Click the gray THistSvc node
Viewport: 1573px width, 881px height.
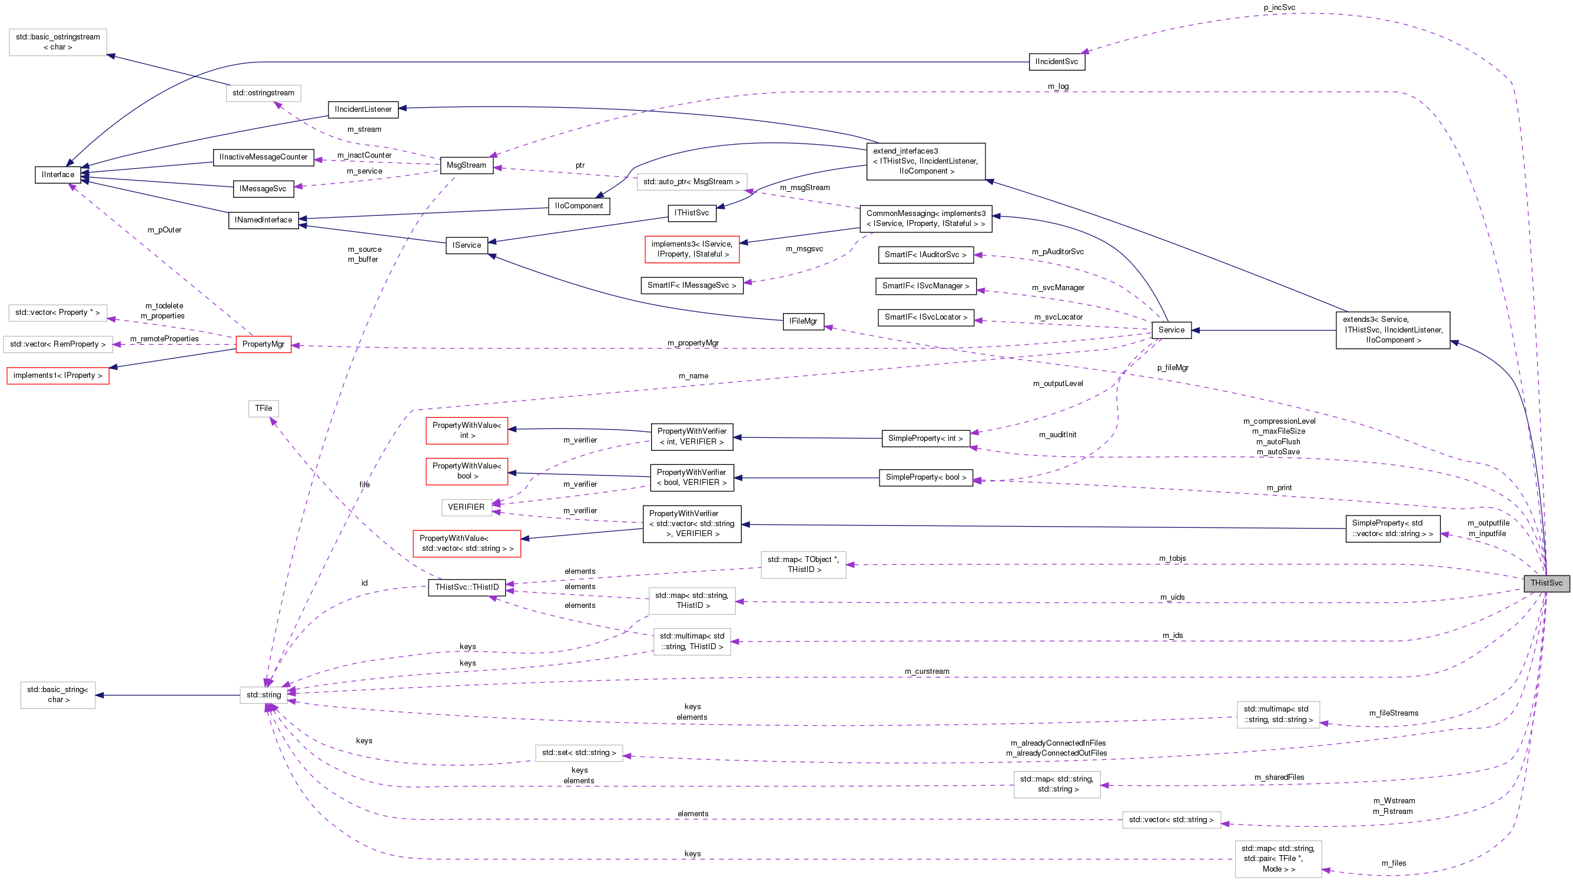tap(1545, 583)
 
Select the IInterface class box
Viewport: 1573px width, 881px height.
tap(58, 175)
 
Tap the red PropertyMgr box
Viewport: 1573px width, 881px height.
tap(263, 344)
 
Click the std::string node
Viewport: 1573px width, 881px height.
tap(264, 695)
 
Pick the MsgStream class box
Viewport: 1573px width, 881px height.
tap(466, 165)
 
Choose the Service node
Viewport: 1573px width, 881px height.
tap(1170, 330)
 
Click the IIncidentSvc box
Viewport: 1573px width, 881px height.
tap(1056, 62)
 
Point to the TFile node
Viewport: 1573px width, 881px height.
tap(263, 408)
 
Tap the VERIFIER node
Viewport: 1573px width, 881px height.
tap(466, 507)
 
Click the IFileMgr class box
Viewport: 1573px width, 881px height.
tap(803, 321)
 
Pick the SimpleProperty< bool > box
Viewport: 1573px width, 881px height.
tap(925, 477)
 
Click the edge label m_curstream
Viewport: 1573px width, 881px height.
tap(927, 671)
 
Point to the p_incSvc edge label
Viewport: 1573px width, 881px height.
tap(1279, 7)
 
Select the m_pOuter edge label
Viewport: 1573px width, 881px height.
tap(164, 230)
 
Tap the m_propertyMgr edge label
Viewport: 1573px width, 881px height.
tap(692, 343)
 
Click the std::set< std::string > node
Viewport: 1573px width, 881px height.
tap(579, 753)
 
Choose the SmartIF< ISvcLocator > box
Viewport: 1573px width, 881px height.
tap(925, 317)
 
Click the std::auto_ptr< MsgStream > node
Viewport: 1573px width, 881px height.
tap(691, 182)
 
